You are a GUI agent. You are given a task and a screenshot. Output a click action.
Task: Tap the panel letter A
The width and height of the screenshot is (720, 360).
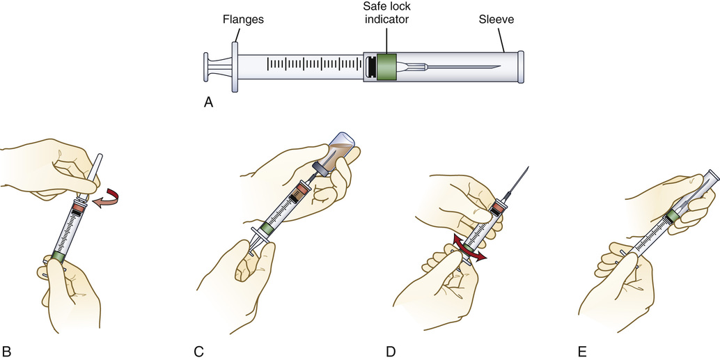[x=208, y=102]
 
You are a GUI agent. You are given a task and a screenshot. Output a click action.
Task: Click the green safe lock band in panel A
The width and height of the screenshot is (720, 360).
[x=386, y=68]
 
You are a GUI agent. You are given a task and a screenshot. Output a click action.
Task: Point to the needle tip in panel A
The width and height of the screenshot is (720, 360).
[x=499, y=67]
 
